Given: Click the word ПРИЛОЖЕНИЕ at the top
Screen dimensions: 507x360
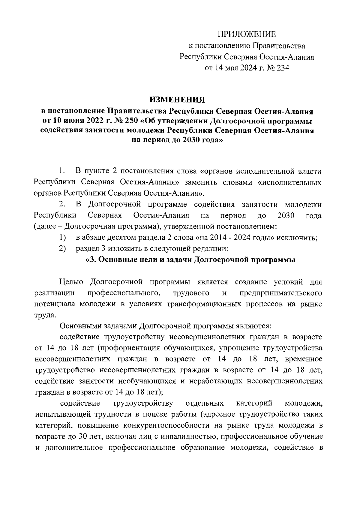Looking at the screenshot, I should (247, 34).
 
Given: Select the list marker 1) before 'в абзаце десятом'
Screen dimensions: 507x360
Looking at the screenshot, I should (63, 238).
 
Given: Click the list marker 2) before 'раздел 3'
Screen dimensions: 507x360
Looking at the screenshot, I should (63, 249).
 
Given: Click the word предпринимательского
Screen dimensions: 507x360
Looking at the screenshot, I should (281, 293).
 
